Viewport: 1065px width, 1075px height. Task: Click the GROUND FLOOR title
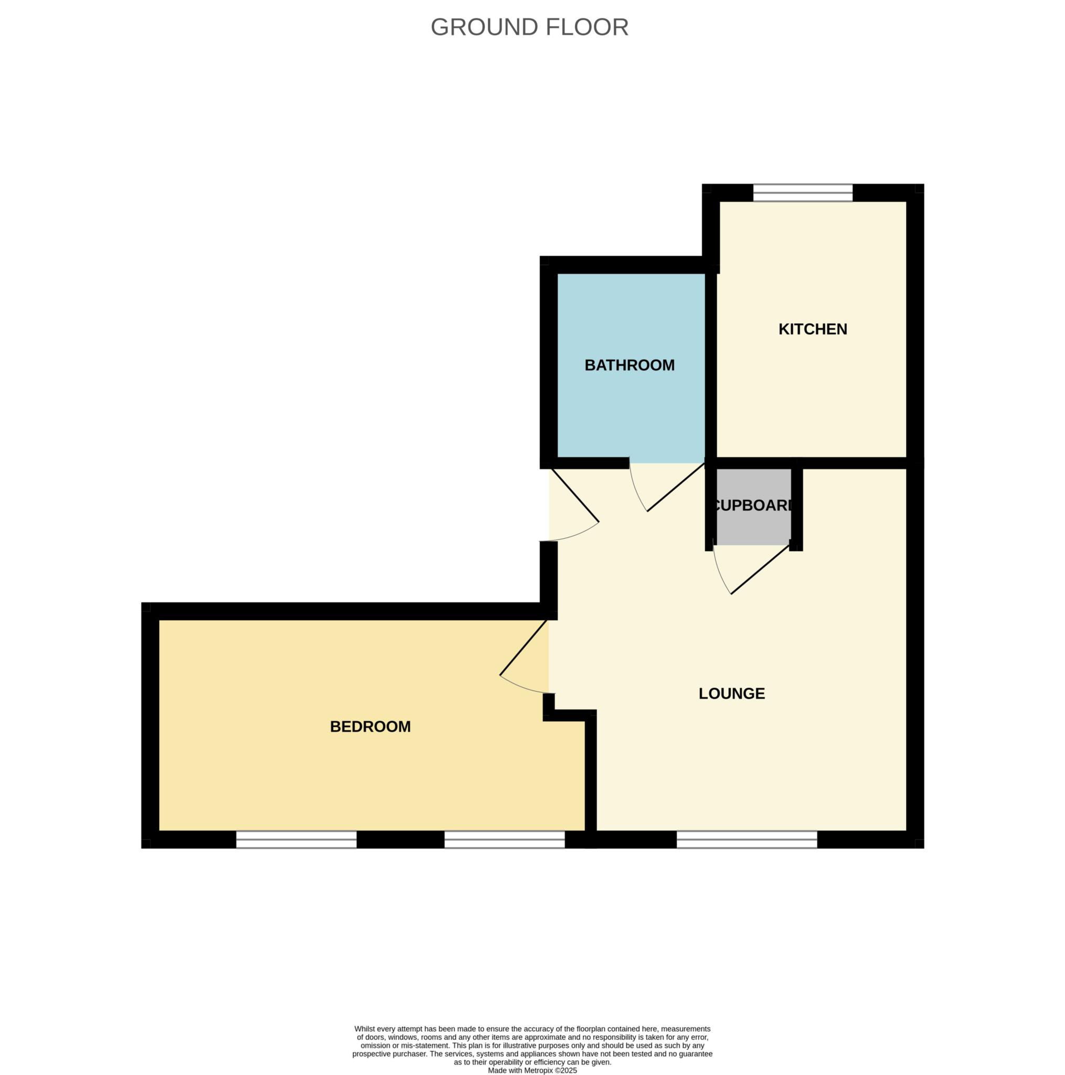point(529,27)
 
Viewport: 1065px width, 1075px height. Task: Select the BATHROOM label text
point(629,365)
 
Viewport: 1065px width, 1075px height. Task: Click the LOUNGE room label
point(731,693)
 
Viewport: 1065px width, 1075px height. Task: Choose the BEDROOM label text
point(370,726)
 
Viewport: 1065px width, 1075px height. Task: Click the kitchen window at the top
point(802,193)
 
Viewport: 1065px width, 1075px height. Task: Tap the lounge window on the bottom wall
point(747,839)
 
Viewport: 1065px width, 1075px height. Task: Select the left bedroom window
point(296,839)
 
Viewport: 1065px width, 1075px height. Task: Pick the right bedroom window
point(504,839)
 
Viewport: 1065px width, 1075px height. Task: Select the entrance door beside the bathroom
point(574,496)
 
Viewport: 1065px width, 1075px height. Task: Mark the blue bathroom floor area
point(630,412)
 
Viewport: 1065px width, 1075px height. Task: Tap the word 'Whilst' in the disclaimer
point(367,1029)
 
